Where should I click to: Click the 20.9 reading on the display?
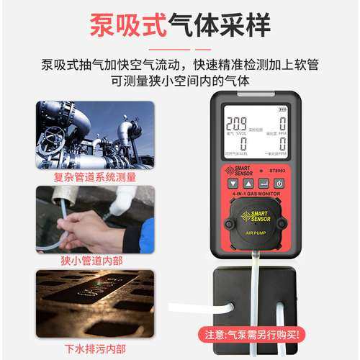pyautogui.click(x=235, y=123)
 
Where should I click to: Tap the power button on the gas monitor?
pyautogui.click(x=279, y=184)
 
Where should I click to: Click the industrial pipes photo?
pyautogui.click(x=96, y=135)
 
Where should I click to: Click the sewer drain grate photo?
pyautogui.click(x=96, y=303)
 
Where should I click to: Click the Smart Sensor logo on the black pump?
pyautogui.click(x=255, y=216)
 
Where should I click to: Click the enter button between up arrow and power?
pyautogui.click(x=264, y=184)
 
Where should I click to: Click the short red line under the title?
pyautogui.click(x=180, y=49)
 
